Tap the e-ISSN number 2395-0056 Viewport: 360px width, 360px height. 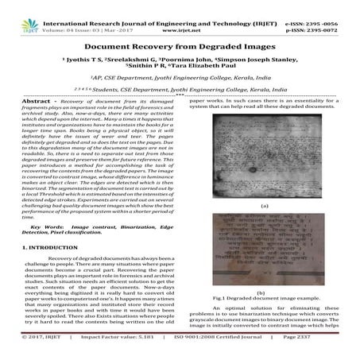pyautogui.click(x=326, y=6)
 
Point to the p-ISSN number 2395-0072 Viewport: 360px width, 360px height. pyautogui.click(x=326, y=14)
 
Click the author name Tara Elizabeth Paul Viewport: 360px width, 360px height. pyautogui.click(x=210, y=68)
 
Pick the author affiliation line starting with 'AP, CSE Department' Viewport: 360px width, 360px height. pyautogui.click(x=180, y=79)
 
